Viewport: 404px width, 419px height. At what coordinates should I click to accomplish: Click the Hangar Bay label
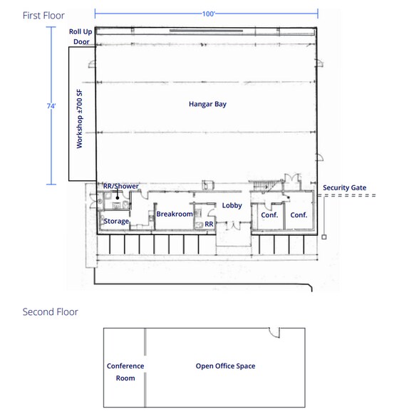(x=207, y=104)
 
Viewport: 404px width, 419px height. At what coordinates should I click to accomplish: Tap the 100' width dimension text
(x=208, y=14)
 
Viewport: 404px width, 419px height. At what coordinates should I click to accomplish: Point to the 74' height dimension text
(x=51, y=106)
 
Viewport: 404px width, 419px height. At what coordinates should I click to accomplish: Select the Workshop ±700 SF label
(x=80, y=118)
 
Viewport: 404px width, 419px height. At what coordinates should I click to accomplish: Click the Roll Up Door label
(x=81, y=36)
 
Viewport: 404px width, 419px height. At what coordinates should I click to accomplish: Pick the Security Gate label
(x=344, y=187)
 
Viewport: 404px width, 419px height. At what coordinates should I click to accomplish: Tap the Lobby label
(x=232, y=205)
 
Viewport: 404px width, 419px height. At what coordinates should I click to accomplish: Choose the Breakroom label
(x=175, y=214)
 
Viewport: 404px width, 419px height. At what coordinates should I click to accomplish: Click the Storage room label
(x=116, y=221)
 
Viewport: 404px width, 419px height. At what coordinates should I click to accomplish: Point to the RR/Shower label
(x=121, y=186)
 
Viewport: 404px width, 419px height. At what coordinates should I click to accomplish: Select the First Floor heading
(x=43, y=16)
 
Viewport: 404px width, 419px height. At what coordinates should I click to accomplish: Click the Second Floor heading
(x=50, y=312)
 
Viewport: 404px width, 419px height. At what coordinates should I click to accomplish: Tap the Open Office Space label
(x=225, y=366)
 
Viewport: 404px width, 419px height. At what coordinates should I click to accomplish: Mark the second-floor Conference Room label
(x=125, y=372)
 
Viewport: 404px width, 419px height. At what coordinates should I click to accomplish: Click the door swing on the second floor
(x=274, y=332)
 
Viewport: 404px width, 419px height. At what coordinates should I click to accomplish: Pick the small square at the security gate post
(x=324, y=237)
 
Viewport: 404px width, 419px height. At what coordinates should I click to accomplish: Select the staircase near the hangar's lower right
(x=262, y=185)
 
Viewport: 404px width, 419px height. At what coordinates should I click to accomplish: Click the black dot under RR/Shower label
(x=118, y=198)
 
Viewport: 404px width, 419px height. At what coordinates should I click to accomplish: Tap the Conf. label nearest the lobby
(x=269, y=215)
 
